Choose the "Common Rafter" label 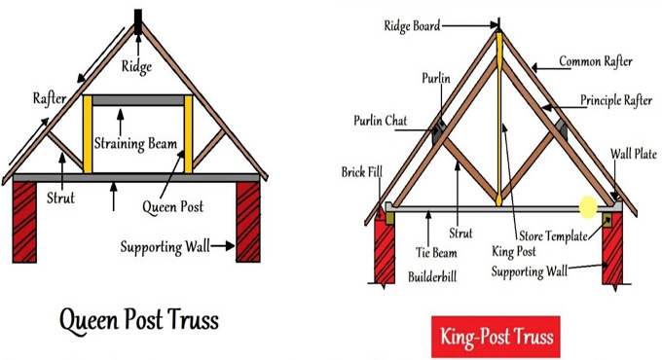click(595, 62)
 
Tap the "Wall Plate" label click(634, 154)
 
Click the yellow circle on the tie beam click(587, 207)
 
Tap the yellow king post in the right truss click(499, 117)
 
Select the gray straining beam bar click(136, 99)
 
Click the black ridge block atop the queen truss click(137, 20)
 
